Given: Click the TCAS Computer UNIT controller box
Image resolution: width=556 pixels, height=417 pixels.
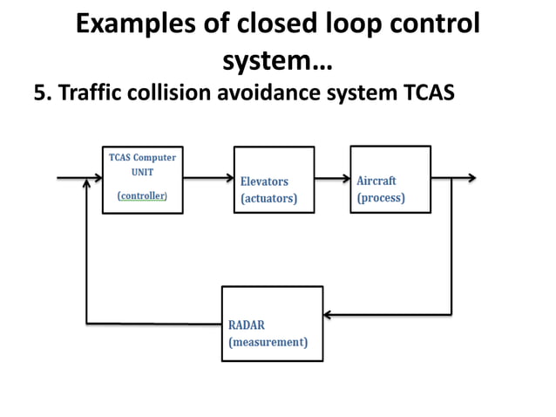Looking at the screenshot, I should coord(142,179).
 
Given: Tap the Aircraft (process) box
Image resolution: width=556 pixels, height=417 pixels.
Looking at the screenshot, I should coord(390,179).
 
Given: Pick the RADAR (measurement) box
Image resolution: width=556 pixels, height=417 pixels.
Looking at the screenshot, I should coord(272,323).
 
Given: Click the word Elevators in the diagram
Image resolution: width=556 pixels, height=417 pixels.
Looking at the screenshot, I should coord(264,181).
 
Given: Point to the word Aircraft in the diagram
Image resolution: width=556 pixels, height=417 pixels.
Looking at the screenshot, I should coord(376,181).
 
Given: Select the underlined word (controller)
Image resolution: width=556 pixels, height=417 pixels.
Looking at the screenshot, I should coord(142,196).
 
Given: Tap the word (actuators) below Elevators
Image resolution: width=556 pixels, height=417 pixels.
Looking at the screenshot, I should coord(268,199).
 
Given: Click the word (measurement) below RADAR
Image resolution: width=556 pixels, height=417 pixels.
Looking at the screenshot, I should coord(268,342).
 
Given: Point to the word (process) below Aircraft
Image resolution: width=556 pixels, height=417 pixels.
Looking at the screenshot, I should coord(381,198).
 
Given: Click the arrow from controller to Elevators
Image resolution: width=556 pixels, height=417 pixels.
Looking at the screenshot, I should coord(208,178).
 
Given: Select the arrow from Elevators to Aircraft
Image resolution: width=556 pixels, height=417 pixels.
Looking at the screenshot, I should coord(331,178).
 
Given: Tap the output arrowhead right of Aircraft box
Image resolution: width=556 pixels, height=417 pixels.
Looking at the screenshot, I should coord(471,178).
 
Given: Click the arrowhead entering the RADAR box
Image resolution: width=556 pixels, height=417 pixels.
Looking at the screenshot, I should coord(329,313).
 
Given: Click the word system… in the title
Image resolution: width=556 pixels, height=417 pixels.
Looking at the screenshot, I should coord(277,61).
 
